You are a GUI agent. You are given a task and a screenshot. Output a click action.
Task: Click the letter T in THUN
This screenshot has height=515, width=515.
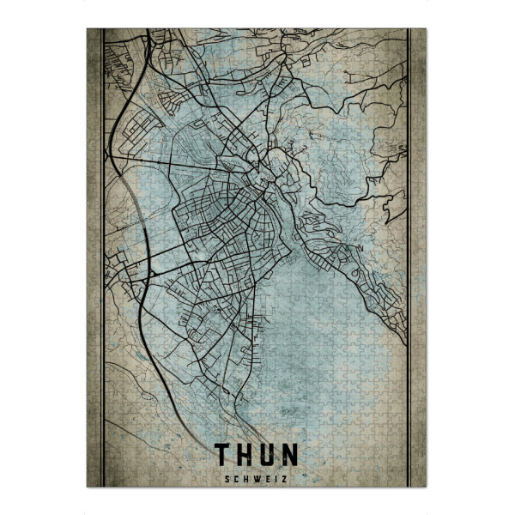[x=223, y=453]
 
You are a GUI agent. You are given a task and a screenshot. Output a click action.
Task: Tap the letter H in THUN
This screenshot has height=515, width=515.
[x=245, y=453]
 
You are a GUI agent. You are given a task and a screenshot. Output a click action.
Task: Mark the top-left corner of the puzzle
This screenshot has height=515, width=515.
[x=88, y=29]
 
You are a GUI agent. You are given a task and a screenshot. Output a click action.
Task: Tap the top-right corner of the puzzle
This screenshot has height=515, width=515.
[x=426, y=29]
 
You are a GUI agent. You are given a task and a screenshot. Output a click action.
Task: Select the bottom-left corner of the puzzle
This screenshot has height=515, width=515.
[x=88, y=487]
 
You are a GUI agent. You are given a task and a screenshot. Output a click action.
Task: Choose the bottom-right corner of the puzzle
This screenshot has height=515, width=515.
[x=426, y=487]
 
